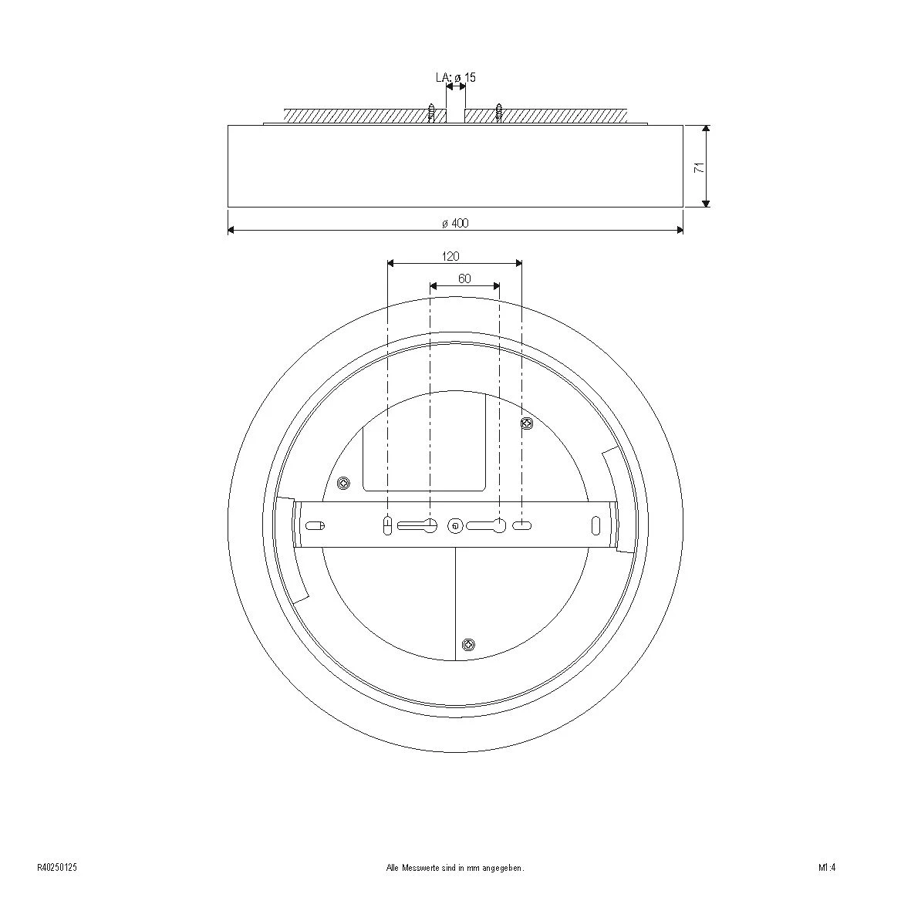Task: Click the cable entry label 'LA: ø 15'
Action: tap(455, 78)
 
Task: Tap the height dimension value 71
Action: tap(699, 167)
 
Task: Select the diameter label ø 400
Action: tap(455, 223)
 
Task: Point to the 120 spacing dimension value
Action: tap(450, 256)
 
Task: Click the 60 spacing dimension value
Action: tap(464, 278)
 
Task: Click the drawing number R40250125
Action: tap(57, 867)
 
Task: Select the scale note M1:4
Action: tap(827, 867)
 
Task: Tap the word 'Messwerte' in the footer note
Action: tap(418, 867)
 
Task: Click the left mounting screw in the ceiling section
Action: tap(431, 113)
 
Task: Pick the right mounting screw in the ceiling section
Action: tap(499, 113)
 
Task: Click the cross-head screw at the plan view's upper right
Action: tap(528, 423)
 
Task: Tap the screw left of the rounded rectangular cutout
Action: tap(344, 484)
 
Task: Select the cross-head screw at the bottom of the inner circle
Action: tap(467, 644)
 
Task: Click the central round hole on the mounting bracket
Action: tap(456, 526)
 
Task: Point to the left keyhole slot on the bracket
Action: tap(418, 526)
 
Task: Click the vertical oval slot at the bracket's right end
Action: tap(596, 525)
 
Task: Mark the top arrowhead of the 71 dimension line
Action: tap(706, 130)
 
